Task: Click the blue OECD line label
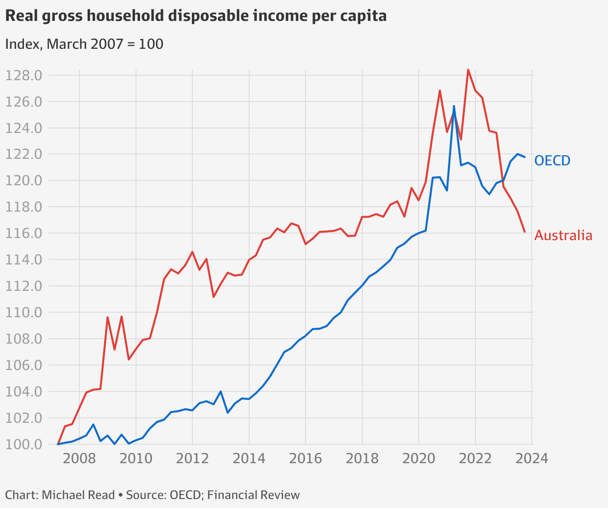pyautogui.click(x=552, y=160)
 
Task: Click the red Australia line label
pyautogui.click(x=563, y=236)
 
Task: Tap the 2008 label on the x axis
pyautogui.click(x=79, y=458)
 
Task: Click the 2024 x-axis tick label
pyautogui.click(x=532, y=458)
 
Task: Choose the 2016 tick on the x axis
pyautogui.click(x=305, y=458)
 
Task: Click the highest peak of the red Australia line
pyautogui.click(x=468, y=70)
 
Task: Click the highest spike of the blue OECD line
pyautogui.click(x=454, y=106)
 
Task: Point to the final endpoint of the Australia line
pyautogui.click(x=525, y=232)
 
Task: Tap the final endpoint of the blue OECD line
pyautogui.click(x=525, y=157)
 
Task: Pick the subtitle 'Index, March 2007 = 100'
pyautogui.click(x=84, y=44)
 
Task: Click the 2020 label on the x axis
pyautogui.click(x=419, y=458)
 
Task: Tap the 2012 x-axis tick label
pyautogui.click(x=192, y=458)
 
